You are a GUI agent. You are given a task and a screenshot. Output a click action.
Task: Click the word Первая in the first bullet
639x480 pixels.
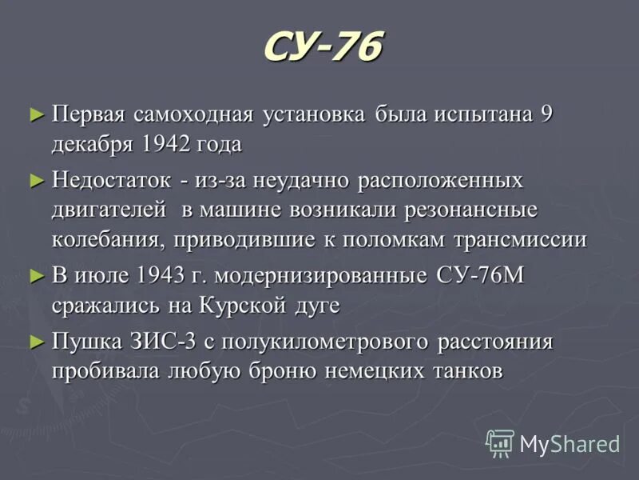click(89, 114)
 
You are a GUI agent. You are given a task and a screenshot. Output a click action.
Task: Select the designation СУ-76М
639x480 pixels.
click(480, 275)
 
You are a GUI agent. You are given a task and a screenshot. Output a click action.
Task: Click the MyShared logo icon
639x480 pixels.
click(501, 442)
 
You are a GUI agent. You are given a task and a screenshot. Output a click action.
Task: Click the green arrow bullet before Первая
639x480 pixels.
click(35, 114)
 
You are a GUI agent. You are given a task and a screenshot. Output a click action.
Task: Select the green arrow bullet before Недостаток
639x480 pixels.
click(35, 180)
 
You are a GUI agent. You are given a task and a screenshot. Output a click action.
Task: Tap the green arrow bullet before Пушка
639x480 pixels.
click(35, 341)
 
